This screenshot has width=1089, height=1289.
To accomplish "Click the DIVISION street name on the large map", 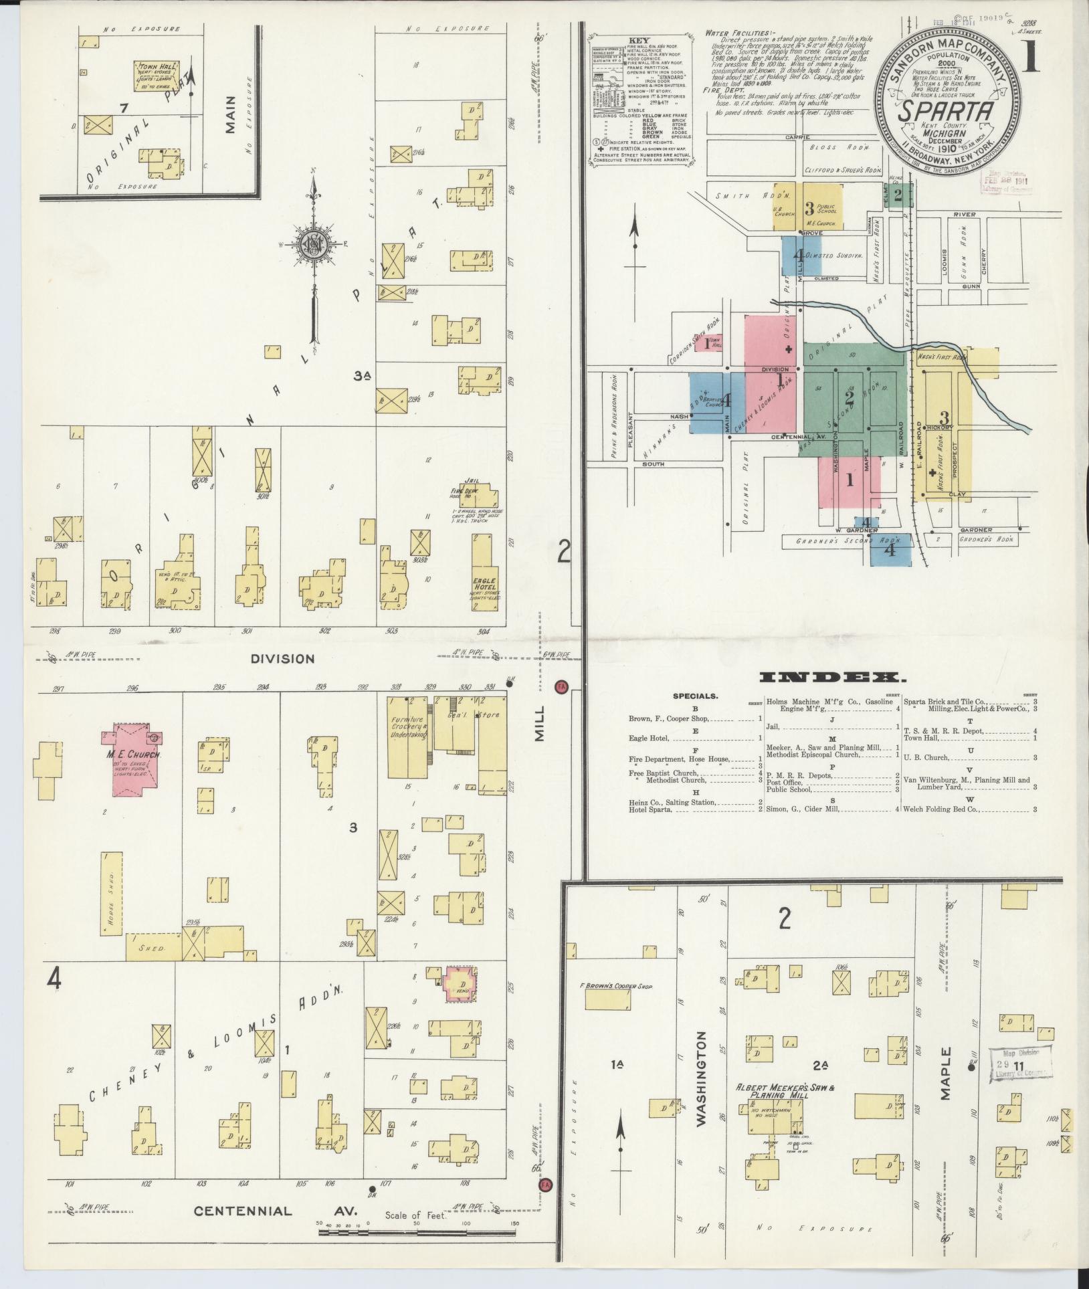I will coord(282,659).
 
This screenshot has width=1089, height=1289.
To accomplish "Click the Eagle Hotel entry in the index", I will coord(650,738).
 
